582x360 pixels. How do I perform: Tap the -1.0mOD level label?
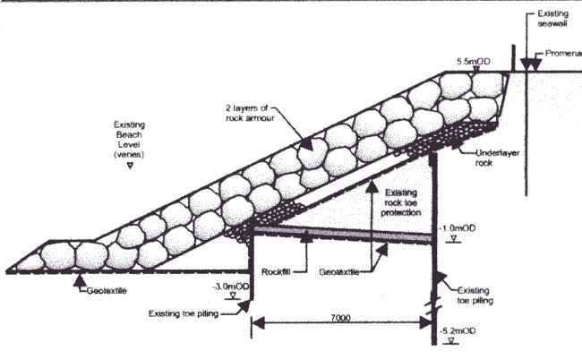tap(460, 228)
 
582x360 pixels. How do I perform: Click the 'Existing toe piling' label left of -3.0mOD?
tap(184, 313)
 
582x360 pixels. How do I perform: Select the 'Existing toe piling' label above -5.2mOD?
tap(479, 297)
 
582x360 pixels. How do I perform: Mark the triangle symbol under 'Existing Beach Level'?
tap(132, 166)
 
